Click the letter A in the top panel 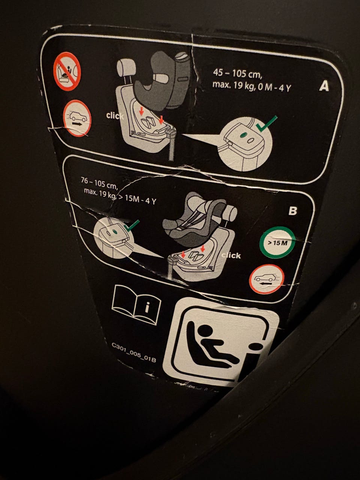tap(324, 87)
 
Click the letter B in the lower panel tap(293, 211)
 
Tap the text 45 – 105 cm tap(237, 73)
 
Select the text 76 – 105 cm tap(99, 183)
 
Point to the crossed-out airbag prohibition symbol tap(67, 71)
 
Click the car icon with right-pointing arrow tap(77, 118)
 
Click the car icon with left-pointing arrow tap(267, 279)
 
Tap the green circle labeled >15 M tap(277, 243)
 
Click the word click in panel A tap(115, 116)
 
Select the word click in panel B tap(231, 255)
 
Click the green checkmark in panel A tap(266, 124)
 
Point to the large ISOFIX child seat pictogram tap(221, 342)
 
